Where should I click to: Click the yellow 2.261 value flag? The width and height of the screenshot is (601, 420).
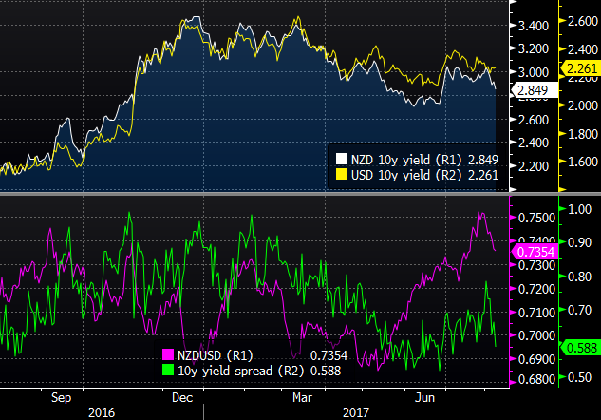click(x=578, y=68)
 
